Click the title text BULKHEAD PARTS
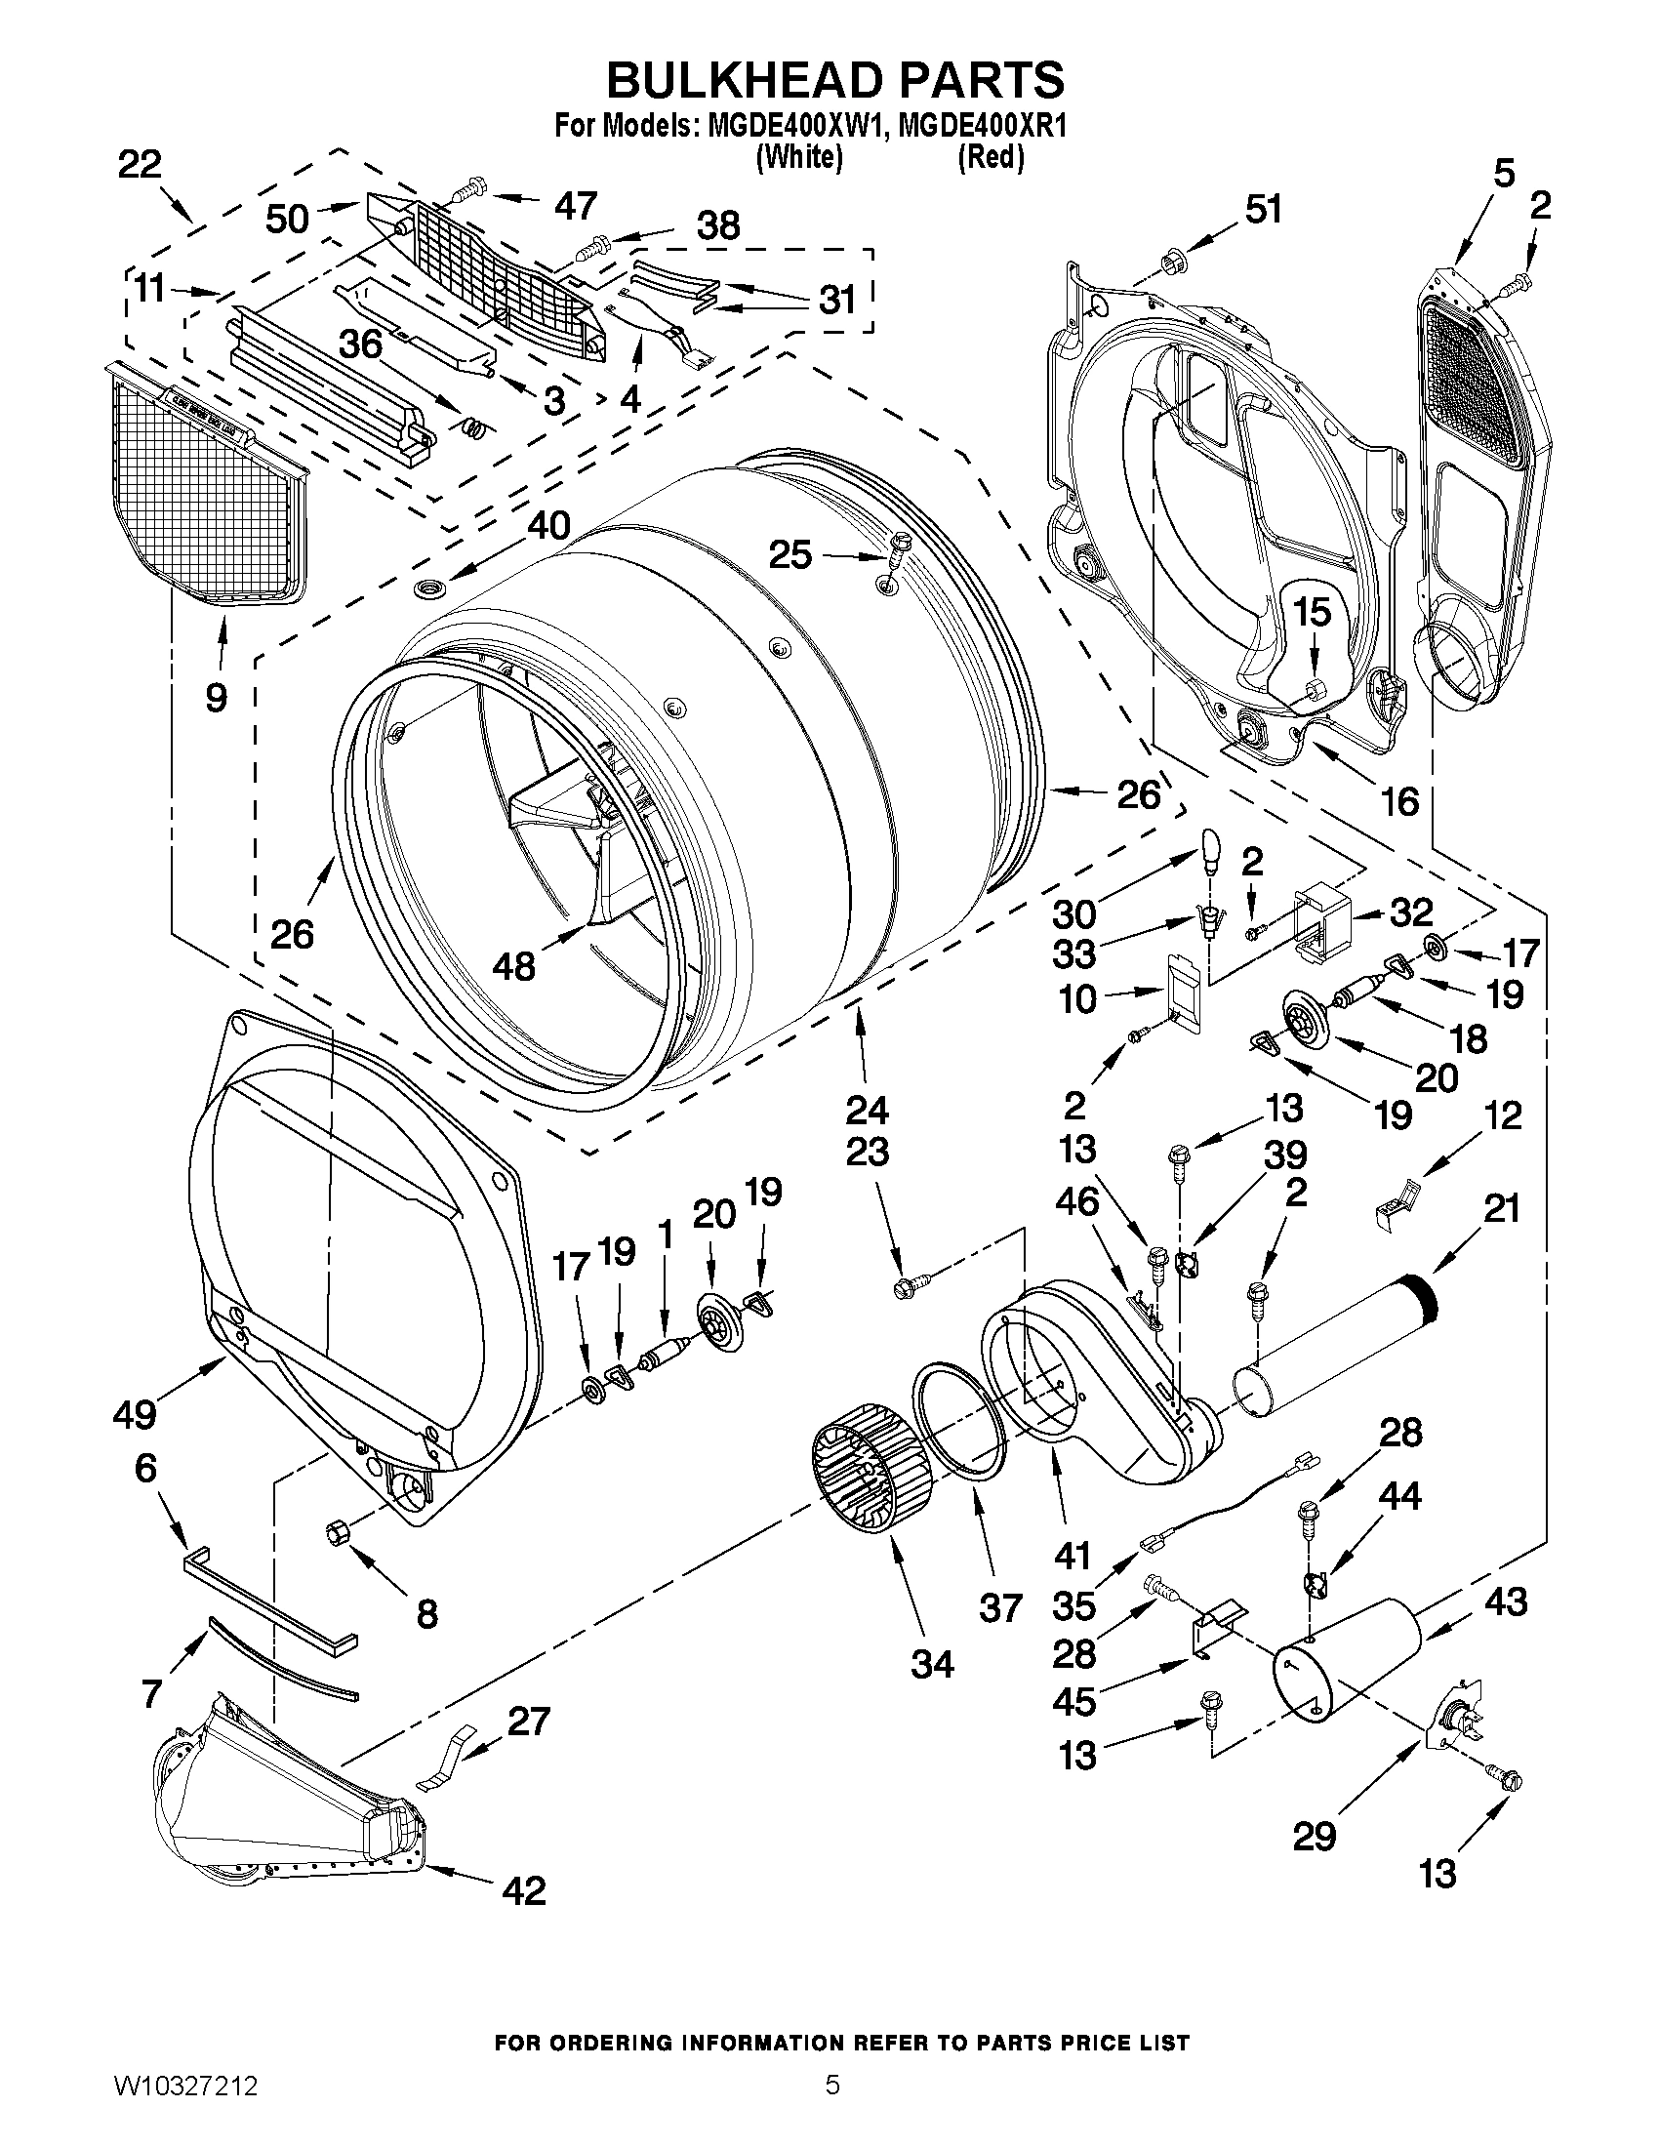coord(834,80)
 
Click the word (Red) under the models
coord(992,156)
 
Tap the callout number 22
coord(140,164)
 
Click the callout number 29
coord(1315,1836)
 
